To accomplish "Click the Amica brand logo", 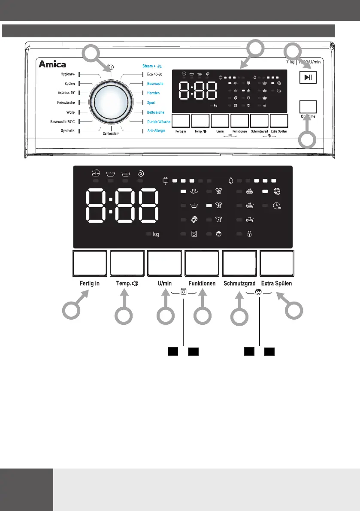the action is (53, 65).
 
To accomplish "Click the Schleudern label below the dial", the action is (111, 134).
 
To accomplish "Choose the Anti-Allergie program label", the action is (157, 130).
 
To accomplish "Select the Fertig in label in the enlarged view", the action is (90, 284).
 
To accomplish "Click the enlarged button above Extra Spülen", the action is (277, 264).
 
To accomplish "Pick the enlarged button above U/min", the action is (164, 264).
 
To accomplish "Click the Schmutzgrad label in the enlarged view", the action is (239, 284).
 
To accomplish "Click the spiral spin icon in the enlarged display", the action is (141, 173).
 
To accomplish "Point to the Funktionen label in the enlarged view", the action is (202, 284).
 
